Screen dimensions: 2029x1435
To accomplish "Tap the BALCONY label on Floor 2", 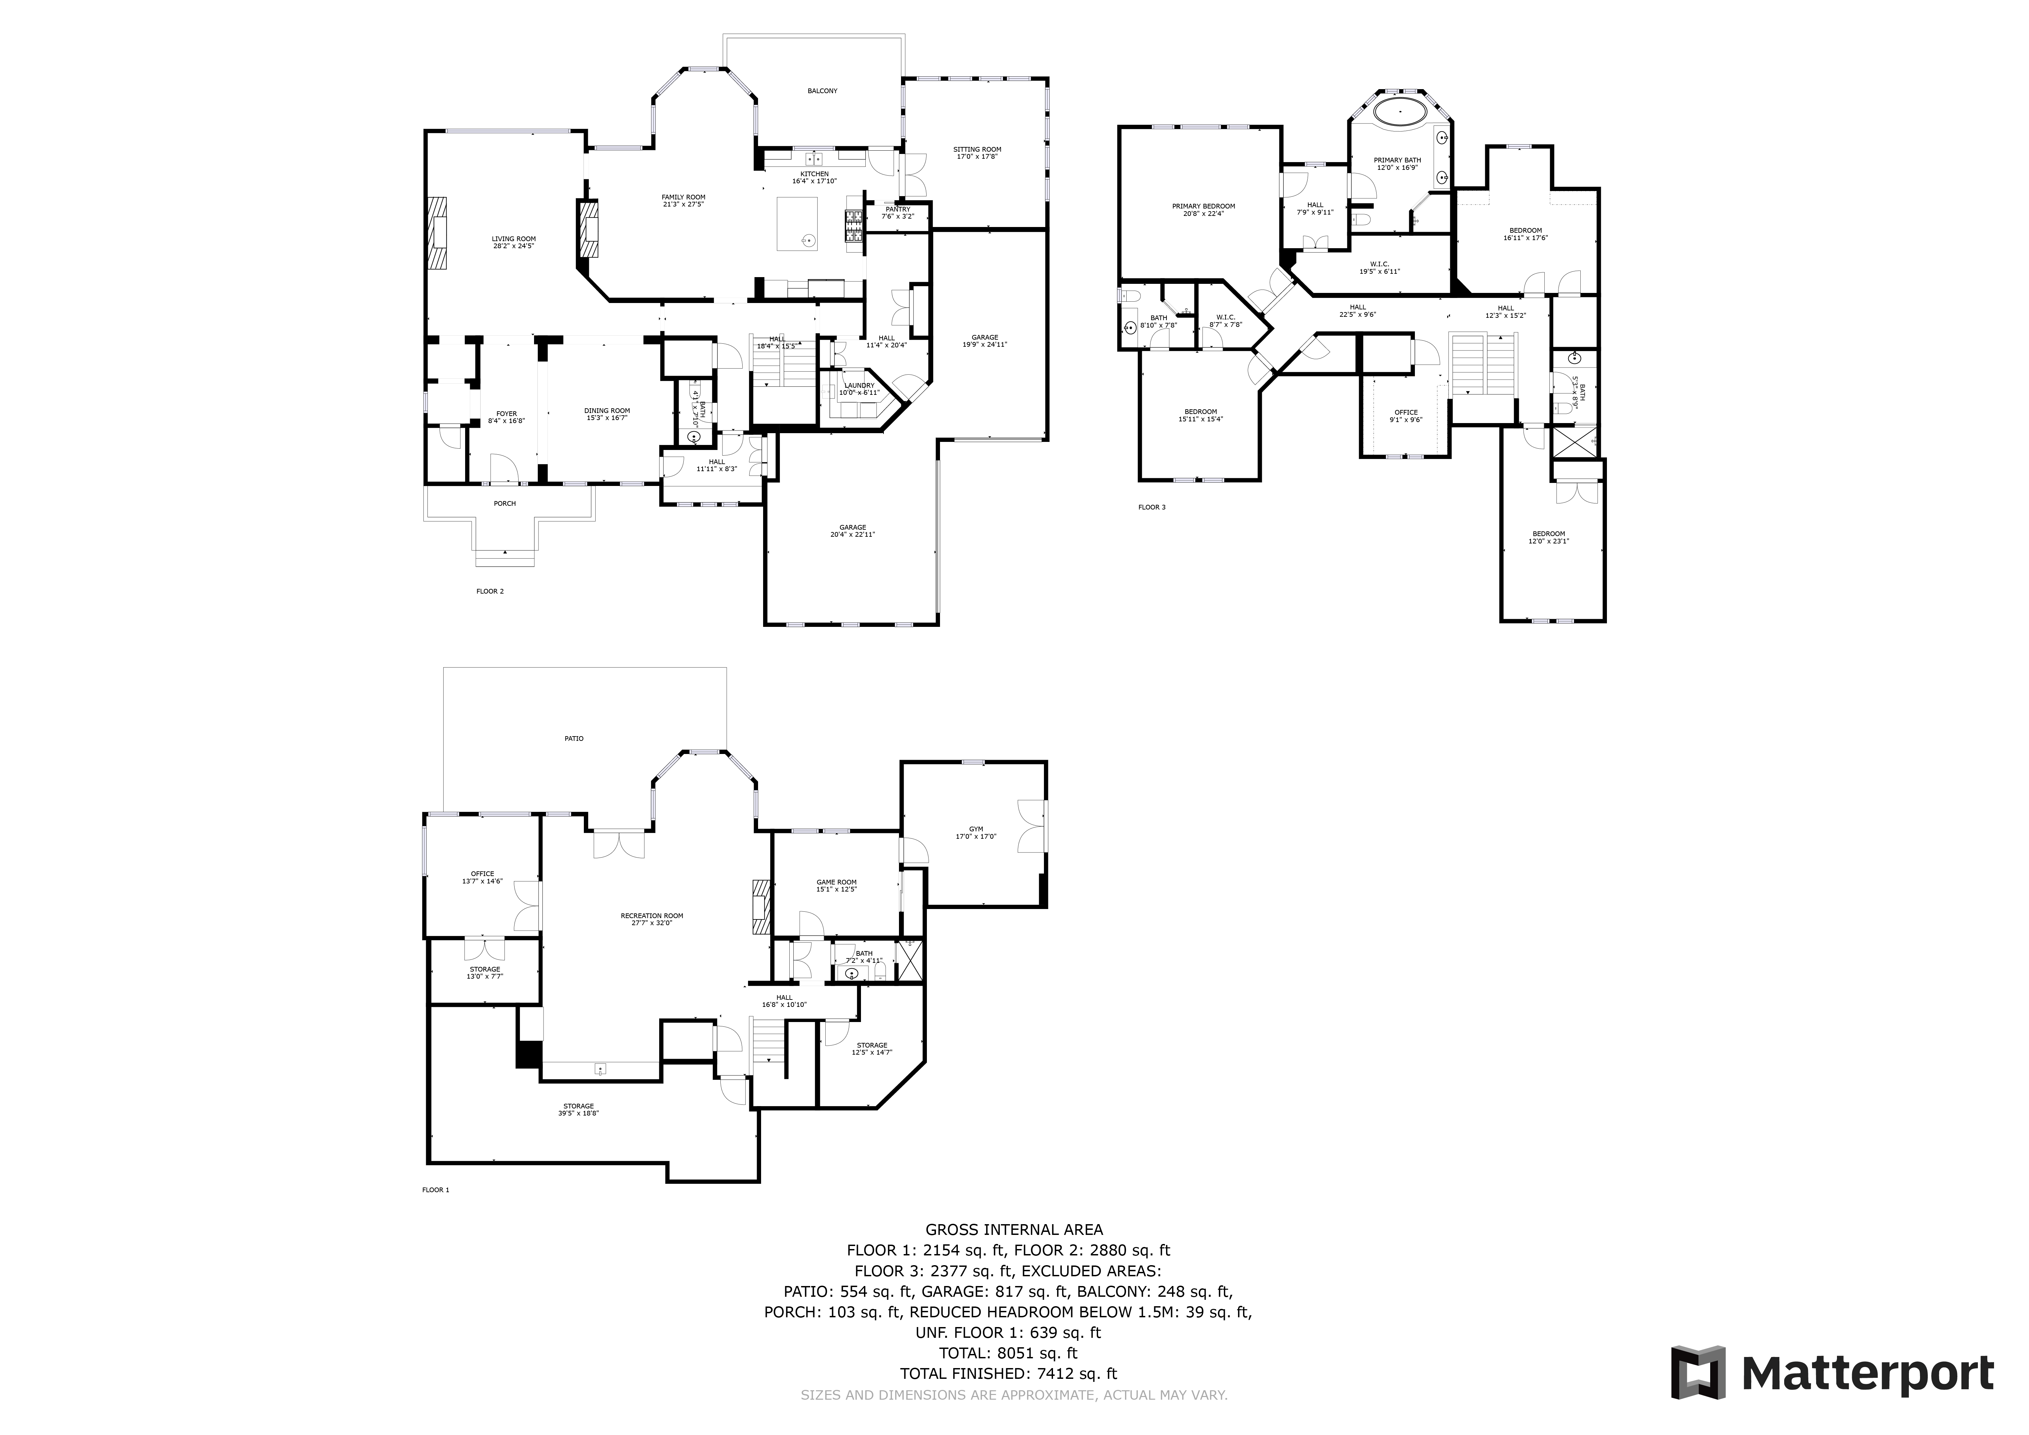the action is (822, 91).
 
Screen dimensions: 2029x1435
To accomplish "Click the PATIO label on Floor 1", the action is (573, 738).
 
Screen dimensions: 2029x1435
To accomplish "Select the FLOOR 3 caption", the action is (1152, 507).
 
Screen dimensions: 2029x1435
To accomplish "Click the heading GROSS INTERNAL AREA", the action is (1014, 1229).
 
